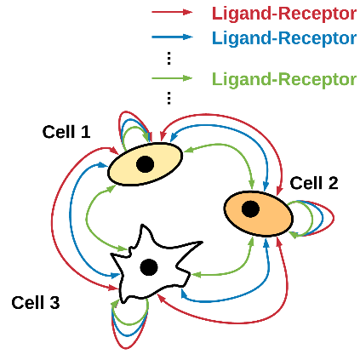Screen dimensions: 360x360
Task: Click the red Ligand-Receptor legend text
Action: [x=284, y=14]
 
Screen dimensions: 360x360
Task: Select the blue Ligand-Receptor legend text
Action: [x=284, y=38]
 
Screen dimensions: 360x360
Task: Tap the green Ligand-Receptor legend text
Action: [x=284, y=79]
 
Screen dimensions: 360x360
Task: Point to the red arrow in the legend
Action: [x=172, y=12]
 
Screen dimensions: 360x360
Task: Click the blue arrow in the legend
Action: [x=172, y=37]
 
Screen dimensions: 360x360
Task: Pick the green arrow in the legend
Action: [x=172, y=78]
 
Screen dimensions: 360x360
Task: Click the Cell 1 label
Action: [x=66, y=132]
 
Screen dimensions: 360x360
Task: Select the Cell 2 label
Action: [x=314, y=183]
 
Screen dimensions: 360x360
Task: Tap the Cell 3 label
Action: [x=36, y=303]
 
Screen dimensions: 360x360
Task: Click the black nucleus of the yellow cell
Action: [x=146, y=164]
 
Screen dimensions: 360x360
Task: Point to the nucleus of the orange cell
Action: [x=250, y=209]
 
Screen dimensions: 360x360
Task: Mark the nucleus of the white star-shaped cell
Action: [x=149, y=267]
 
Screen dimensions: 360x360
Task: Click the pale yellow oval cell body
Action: [x=145, y=164]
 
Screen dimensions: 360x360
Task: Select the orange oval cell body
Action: [x=259, y=214]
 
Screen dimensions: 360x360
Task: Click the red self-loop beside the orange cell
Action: [x=334, y=218]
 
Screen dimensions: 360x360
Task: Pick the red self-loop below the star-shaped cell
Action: [x=126, y=348]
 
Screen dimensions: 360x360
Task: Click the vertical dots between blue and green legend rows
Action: [x=169, y=58]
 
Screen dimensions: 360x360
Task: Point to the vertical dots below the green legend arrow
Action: [x=169, y=98]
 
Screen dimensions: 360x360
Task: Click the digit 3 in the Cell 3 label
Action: [x=54, y=303]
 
